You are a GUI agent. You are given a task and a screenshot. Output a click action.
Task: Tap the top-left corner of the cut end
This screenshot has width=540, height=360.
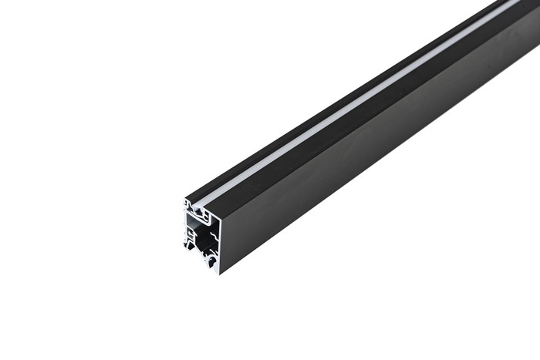(185, 199)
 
